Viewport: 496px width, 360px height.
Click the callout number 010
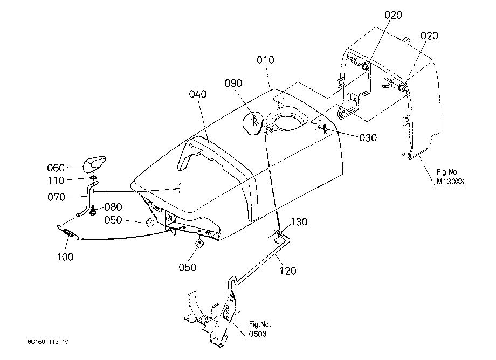pyautogui.click(x=265, y=60)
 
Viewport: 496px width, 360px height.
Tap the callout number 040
pyautogui.click(x=198, y=94)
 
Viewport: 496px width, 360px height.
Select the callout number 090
pyautogui.click(x=233, y=83)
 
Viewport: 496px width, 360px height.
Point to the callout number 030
pyautogui.click(x=368, y=137)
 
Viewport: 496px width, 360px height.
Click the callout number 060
pyautogui.click(x=56, y=168)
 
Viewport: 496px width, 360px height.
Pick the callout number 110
pyautogui.click(x=56, y=181)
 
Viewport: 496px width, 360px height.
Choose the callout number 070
pyautogui.click(x=56, y=197)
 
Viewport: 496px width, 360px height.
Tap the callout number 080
pyautogui.click(x=113, y=207)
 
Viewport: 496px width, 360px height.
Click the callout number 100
pyautogui.click(x=65, y=257)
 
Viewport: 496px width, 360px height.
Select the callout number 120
pyautogui.click(x=288, y=271)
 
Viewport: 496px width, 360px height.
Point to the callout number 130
pyautogui.click(x=299, y=221)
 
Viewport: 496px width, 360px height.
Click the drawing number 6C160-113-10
pyautogui.click(x=48, y=342)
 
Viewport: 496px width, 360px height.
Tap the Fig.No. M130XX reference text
pyautogui.click(x=451, y=177)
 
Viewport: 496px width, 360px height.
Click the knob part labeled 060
pyautogui.click(x=94, y=164)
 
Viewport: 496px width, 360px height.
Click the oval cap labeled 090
pyautogui.click(x=252, y=123)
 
